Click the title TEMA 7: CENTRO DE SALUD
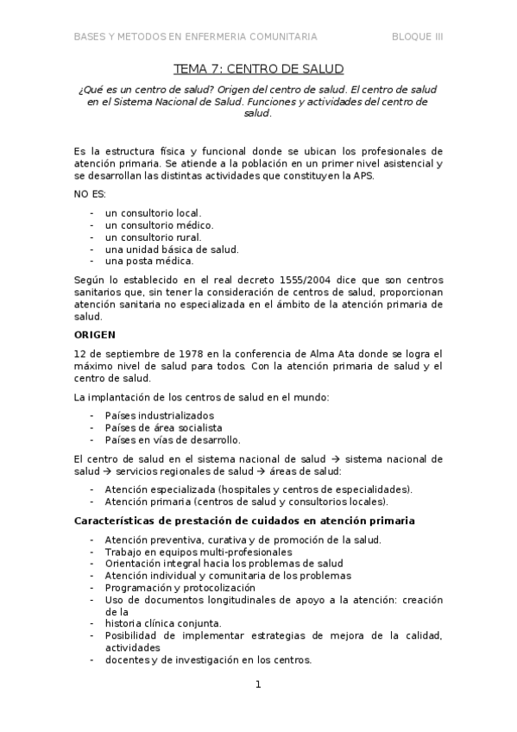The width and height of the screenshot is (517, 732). pyautogui.click(x=258, y=68)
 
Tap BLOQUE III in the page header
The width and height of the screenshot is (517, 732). pyautogui.click(x=418, y=36)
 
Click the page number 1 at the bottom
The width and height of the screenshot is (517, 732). pyautogui.click(x=258, y=685)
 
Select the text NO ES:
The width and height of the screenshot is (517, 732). pyautogui.click(x=89, y=194)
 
